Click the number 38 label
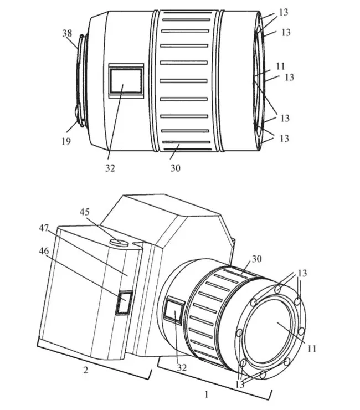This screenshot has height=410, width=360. pyautogui.click(x=67, y=33)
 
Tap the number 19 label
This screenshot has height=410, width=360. pyautogui.click(x=66, y=141)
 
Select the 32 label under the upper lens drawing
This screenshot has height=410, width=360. pyautogui.click(x=110, y=168)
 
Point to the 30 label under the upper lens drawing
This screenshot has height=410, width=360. pyautogui.click(x=176, y=168)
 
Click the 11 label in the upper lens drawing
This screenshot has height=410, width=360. pyautogui.click(x=280, y=66)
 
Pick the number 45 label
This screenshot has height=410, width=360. pyautogui.click(x=84, y=212)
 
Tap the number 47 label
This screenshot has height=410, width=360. pyautogui.click(x=44, y=228)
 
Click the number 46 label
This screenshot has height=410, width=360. pyautogui.click(x=44, y=251)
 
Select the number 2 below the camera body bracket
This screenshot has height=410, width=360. pyautogui.click(x=85, y=370)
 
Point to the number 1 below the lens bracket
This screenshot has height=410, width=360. pyautogui.click(x=207, y=394)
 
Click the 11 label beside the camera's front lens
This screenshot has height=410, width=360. pyautogui.click(x=312, y=348)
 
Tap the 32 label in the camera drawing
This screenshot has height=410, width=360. pyautogui.click(x=182, y=368)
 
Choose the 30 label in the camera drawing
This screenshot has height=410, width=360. pyautogui.click(x=256, y=259)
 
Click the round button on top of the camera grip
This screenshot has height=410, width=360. pyautogui.click(x=119, y=242)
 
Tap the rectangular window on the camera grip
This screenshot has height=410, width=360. pyautogui.click(x=124, y=303)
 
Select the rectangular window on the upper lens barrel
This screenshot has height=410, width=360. pyautogui.click(x=126, y=80)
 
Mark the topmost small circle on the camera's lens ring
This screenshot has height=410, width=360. pyautogui.click(x=278, y=289)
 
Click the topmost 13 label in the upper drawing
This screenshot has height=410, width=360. pyautogui.click(x=284, y=12)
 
